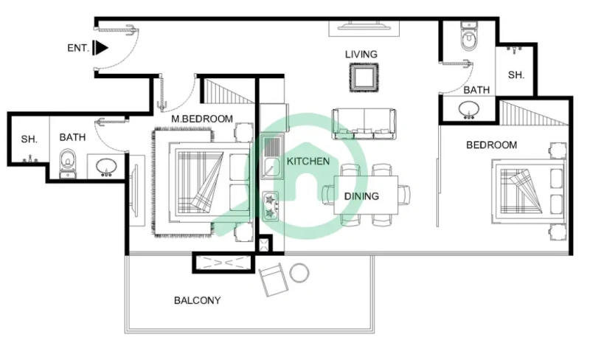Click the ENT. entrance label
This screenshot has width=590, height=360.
(x=79, y=49)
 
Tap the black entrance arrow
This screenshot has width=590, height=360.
(x=102, y=49)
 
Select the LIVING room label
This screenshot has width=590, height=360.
(x=361, y=55)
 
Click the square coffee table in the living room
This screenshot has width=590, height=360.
(x=364, y=77)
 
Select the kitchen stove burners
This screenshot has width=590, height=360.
(x=269, y=206)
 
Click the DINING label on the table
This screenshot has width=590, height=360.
(x=361, y=196)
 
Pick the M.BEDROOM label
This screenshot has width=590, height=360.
(x=201, y=119)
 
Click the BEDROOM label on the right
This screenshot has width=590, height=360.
(x=491, y=145)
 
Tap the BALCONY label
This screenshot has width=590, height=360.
(x=197, y=300)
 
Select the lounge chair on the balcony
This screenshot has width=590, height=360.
(x=273, y=280)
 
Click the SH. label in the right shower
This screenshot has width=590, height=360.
(x=516, y=75)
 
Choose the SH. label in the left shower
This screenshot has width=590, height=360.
(x=29, y=138)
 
